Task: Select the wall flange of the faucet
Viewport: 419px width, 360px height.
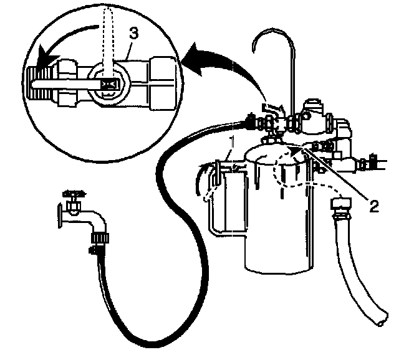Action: tap(60, 214)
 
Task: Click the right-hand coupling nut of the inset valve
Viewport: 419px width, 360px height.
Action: tap(163, 79)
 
